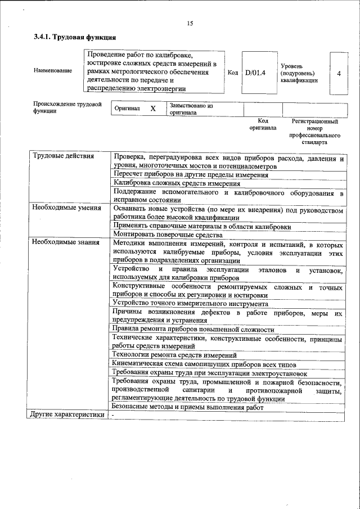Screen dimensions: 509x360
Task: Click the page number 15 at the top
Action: [190, 23]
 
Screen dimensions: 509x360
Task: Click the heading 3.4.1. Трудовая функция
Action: [75, 38]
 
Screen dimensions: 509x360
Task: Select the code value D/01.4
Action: [255, 73]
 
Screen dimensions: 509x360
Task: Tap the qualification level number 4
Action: [338, 73]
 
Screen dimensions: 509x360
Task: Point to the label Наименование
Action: [53, 70]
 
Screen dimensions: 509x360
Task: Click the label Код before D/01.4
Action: [232, 73]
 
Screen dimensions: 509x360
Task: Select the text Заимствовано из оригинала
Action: [191, 109]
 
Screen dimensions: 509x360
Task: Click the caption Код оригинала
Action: [263, 124]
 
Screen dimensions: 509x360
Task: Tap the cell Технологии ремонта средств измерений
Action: [174, 355]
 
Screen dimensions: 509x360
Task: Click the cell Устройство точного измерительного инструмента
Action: [190, 304]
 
